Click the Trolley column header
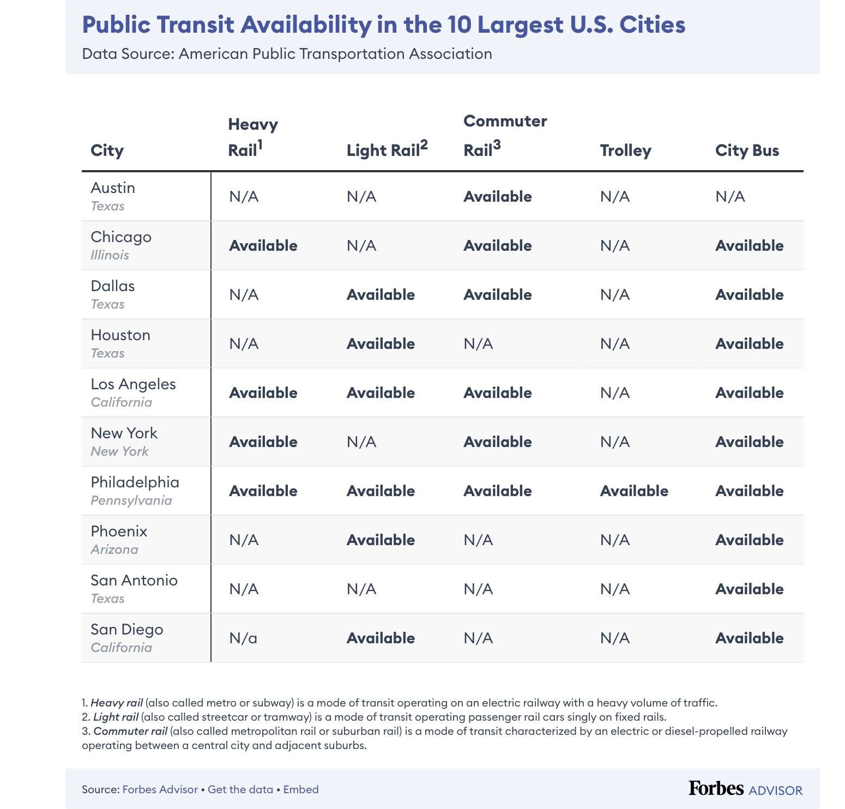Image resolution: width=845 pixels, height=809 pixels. (x=625, y=150)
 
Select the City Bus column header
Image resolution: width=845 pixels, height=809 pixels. (x=747, y=150)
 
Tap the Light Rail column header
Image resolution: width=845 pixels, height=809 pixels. (x=387, y=149)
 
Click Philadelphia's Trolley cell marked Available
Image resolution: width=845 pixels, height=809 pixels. (x=634, y=491)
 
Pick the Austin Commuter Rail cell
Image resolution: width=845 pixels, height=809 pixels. (x=497, y=196)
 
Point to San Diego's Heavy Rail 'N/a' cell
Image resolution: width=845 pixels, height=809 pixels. (x=243, y=638)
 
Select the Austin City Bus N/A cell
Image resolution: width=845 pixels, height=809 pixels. (x=730, y=196)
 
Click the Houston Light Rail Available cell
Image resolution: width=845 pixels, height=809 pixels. (x=381, y=343)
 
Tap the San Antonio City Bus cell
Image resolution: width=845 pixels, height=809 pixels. (x=749, y=589)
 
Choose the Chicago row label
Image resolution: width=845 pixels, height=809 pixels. (x=121, y=237)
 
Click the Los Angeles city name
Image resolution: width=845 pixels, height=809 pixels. (x=133, y=384)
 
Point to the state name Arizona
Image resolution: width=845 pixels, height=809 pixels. (x=114, y=550)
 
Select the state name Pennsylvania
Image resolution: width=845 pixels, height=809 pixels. (x=131, y=500)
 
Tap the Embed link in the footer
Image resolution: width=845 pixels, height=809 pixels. (x=301, y=789)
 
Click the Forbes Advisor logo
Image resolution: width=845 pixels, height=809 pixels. (x=745, y=789)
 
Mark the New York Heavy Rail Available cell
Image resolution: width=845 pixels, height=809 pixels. (x=263, y=442)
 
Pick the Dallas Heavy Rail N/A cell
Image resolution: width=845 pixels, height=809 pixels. (x=244, y=294)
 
